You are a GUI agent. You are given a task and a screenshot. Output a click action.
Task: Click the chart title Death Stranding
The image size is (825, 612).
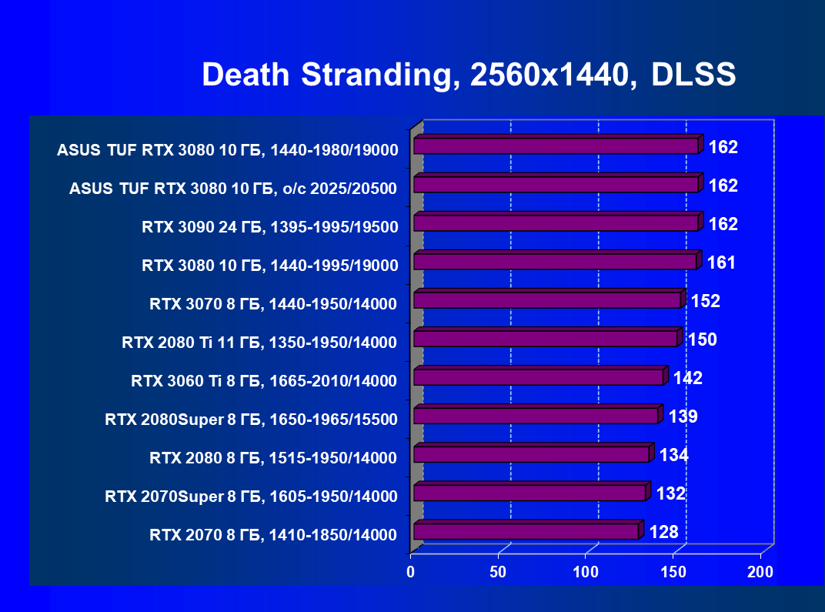click(x=469, y=75)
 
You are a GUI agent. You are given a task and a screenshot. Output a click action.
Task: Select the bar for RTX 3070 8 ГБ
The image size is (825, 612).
click(x=547, y=300)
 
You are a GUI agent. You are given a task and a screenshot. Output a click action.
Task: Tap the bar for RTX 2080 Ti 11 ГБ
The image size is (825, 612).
click(x=546, y=339)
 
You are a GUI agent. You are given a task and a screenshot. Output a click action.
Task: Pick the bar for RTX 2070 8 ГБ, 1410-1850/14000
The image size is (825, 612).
click(x=526, y=532)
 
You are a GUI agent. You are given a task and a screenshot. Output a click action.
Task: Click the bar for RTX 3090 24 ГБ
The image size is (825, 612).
click(x=556, y=223)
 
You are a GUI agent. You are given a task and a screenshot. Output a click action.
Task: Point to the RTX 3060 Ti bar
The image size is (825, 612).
click(x=539, y=377)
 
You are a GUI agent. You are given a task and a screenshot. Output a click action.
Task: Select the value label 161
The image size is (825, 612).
click(x=721, y=263)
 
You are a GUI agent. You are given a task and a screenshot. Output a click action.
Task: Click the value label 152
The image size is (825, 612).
click(x=705, y=301)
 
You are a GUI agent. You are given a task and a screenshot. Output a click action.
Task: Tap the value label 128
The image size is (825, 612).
click(x=663, y=532)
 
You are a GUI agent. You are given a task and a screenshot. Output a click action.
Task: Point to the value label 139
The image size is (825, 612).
click(x=683, y=416)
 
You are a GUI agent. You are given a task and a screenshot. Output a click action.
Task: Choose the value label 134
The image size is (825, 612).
click(x=673, y=455)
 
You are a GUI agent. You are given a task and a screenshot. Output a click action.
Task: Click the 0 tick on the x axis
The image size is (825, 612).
click(x=411, y=572)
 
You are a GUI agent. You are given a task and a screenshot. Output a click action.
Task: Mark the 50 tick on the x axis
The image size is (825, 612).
click(x=498, y=572)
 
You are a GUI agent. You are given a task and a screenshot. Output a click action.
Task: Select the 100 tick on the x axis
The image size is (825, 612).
click(x=586, y=572)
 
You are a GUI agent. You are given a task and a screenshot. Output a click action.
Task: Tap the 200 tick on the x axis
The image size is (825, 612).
click(x=760, y=572)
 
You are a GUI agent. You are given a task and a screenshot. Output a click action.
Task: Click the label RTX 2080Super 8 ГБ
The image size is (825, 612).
click(x=251, y=420)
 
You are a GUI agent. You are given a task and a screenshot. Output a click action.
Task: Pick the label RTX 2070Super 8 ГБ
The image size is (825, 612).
click(x=251, y=497)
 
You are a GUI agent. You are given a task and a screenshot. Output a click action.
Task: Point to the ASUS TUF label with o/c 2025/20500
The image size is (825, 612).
click(x=233, y=189)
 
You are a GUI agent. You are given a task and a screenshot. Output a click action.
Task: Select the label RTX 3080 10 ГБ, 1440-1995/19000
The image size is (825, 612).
click(x=269, y=266)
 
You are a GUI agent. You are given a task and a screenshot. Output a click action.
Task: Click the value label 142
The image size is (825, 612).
click(x=687, y=378)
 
